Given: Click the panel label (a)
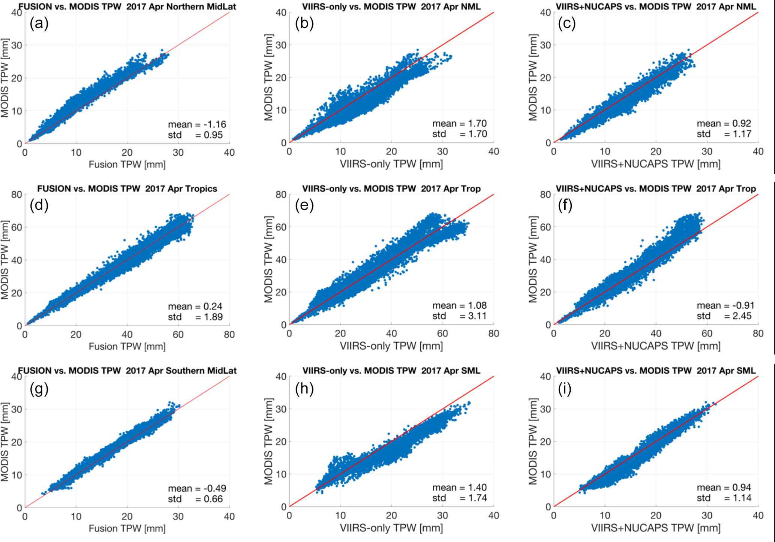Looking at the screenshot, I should tap(39, 24).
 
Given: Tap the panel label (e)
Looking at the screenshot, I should tap(304, 205).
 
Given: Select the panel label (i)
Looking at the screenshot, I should tap(564, 389).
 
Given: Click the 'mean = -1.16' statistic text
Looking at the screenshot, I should tap(197, 125).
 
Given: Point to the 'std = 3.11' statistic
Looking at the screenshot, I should tap(459, 316).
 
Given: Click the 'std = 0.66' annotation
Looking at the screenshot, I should tap(195, 499).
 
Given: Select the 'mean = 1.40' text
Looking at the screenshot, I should tap(459, 488).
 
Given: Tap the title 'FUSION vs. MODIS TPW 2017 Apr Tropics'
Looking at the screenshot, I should tap(127, 188).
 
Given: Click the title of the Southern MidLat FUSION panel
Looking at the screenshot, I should tap(127, 371).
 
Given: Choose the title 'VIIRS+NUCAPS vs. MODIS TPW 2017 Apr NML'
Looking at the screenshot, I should tap(656, 6).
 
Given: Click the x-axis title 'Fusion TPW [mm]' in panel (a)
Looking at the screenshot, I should tap(127, 164).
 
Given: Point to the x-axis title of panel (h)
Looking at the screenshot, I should tap(391, 528).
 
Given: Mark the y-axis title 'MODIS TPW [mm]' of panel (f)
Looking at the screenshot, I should tap(533, 260).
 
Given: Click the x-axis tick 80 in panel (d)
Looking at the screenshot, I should tap(229, 335).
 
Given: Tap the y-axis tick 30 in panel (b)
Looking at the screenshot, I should tap(282, 45).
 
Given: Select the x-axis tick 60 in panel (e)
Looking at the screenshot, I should tap(442, 333).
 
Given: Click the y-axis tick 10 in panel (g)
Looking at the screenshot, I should tap(17, 475).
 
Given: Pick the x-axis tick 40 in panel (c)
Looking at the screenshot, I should tap(758, 152).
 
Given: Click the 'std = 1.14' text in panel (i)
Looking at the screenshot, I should tap(724, 498).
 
